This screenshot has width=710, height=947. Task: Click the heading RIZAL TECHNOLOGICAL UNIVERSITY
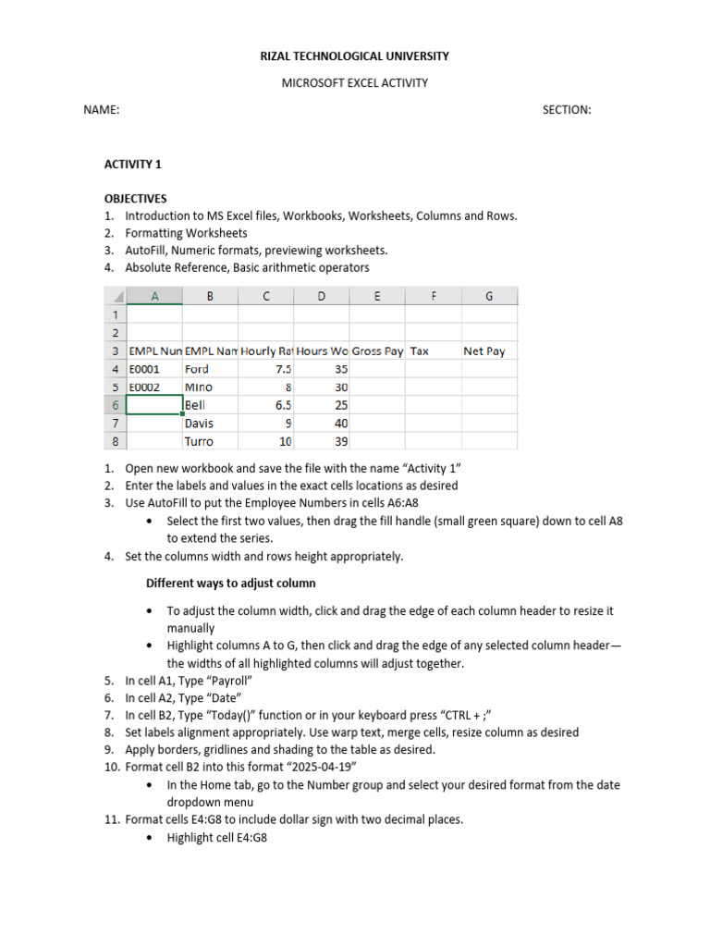(355, 56)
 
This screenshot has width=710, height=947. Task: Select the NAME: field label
(102, 110)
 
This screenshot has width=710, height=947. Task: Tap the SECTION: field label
(566, 110)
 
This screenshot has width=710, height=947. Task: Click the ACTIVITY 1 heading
(132, 165)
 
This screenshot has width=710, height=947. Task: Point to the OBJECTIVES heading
(135, 199)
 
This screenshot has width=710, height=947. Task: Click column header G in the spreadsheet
(489, 296)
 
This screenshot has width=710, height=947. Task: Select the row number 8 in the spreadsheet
(115, 441)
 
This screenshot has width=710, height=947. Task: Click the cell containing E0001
(154, 369)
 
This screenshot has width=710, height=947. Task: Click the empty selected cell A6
(154, 405)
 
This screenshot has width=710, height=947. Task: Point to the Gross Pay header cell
(377, 351)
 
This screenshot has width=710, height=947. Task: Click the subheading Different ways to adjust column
(231, 584)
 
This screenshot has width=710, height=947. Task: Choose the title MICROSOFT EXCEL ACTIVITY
(355, 83)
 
